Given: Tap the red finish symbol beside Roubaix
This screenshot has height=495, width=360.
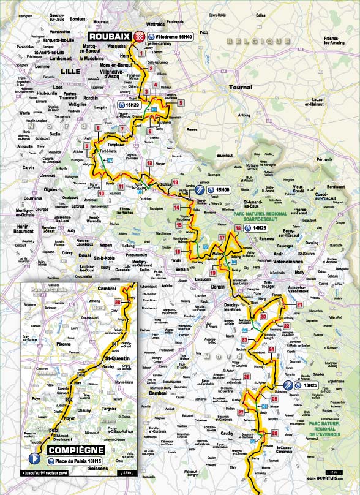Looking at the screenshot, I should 140,36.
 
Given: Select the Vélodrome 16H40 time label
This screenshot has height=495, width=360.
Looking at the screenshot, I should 171,36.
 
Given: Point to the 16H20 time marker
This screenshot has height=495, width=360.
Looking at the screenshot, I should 130,105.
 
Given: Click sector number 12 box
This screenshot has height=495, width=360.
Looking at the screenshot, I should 149,163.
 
